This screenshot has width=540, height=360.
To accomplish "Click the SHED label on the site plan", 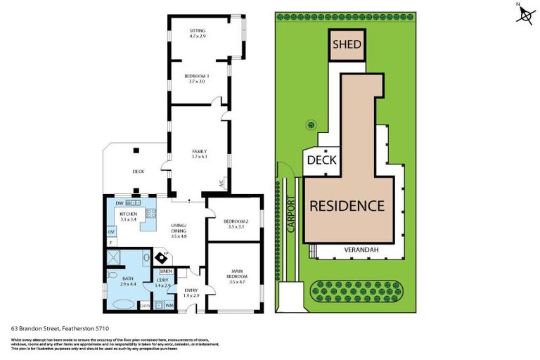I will pos(347,44).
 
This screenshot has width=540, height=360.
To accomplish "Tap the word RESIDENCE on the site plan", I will pos(347,206).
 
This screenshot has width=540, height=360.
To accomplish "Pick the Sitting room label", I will pos(198,33).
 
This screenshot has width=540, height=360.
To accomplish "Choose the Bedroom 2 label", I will pos(234,224).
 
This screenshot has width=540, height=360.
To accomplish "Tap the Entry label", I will pos(191,292).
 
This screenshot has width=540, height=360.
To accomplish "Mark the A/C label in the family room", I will pos(221,184).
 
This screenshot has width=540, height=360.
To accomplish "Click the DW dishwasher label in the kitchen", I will pos(120,202).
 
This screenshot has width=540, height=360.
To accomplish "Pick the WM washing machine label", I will pos(169,305).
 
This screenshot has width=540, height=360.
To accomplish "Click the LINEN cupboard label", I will pos(166,271).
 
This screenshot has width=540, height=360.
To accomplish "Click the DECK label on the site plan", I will pos(321,160).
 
